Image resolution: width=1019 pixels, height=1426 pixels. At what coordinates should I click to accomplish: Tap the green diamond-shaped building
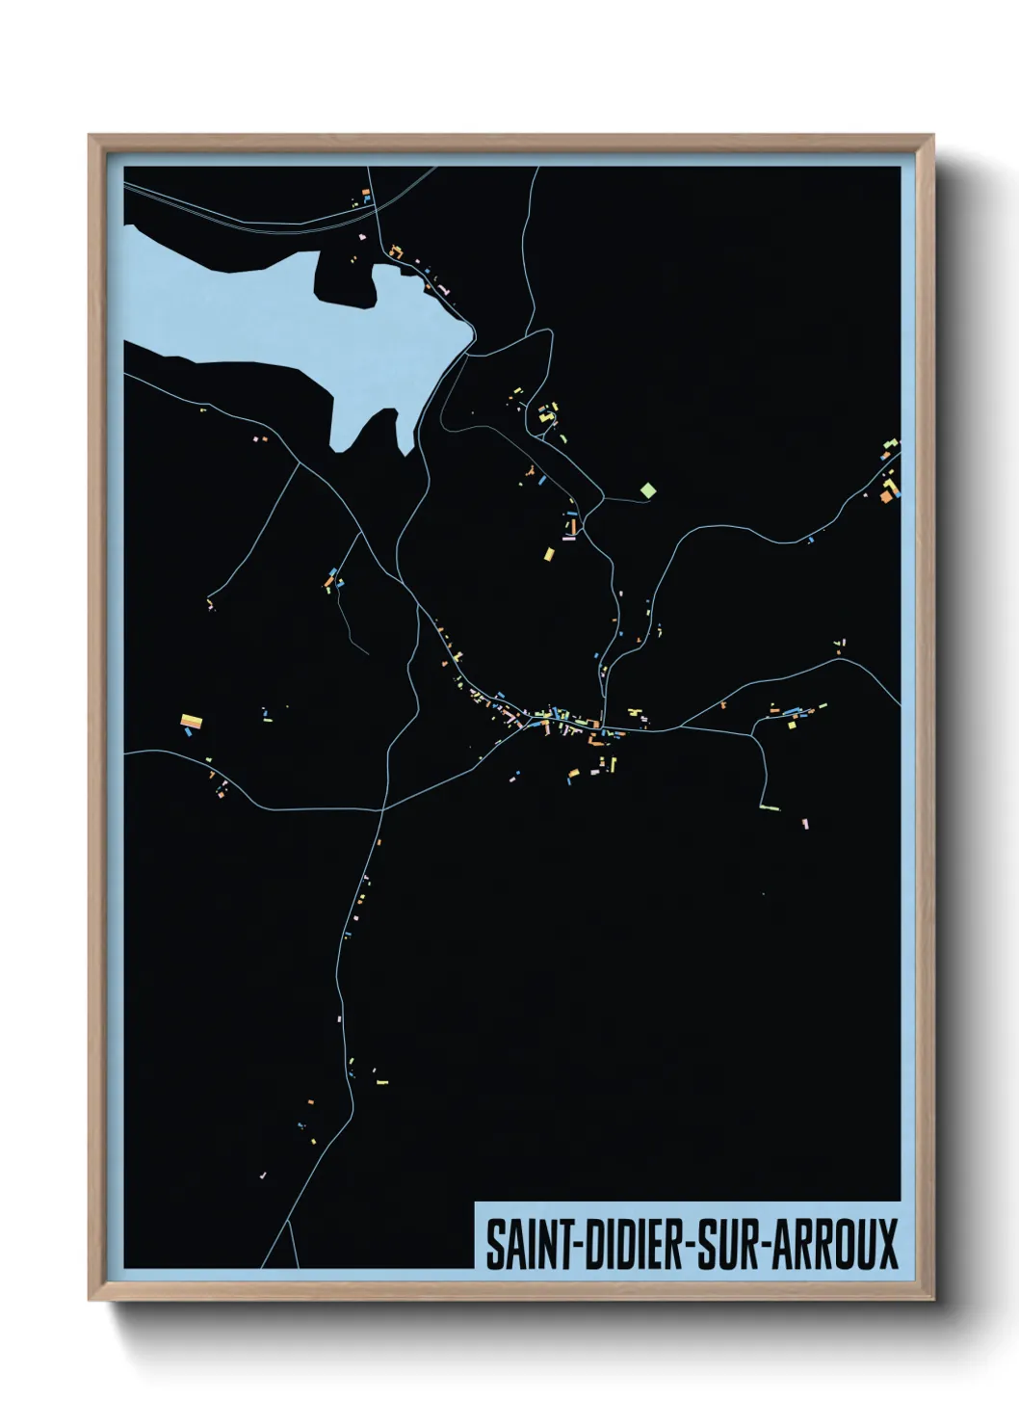pyautogui.click(x=648, y=490)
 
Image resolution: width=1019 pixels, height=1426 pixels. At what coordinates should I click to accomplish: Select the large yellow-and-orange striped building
pyautogui.click(x=192, y=720)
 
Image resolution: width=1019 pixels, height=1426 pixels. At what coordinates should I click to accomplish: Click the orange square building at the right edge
pyautogui.click(x=886, y=497)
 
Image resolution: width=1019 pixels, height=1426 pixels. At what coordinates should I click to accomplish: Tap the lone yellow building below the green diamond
pyautogui.click(x=549, y=554)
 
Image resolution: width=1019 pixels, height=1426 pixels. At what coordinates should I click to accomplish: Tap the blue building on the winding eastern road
pyautogui.click(x=810, y=540)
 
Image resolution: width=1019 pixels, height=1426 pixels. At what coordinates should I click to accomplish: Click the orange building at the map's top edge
pyautogui.click(x=366, y=194)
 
